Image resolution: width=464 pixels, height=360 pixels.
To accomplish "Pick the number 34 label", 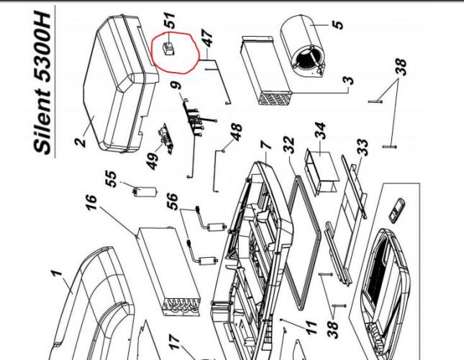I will coord(319,132).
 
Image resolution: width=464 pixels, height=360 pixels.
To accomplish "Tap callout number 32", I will coord(288,147).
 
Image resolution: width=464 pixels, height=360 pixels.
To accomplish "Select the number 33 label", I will coord(363,148).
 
